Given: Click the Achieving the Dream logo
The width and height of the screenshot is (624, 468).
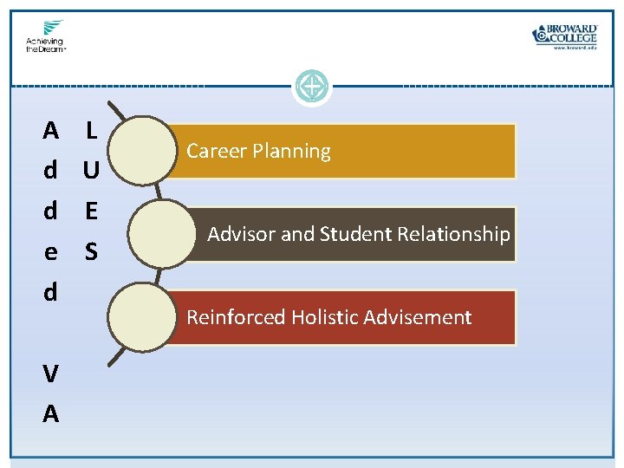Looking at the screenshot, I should point(44,36).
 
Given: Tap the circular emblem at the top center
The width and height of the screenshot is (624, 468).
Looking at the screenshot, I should point(311,87).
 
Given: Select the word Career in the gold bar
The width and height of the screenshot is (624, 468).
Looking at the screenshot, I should point(215,151).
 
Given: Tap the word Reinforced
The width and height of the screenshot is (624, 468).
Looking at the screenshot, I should point(236,317).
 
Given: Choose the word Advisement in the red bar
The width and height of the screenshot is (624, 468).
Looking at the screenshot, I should point(418,317).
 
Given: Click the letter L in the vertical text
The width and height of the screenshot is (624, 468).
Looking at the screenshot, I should point(91,131).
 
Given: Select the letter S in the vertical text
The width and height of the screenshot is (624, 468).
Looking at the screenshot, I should point(91,252).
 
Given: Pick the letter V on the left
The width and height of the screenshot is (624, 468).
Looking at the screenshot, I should point(51,374).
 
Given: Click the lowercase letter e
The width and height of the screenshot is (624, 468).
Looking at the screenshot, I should point(51,252).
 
